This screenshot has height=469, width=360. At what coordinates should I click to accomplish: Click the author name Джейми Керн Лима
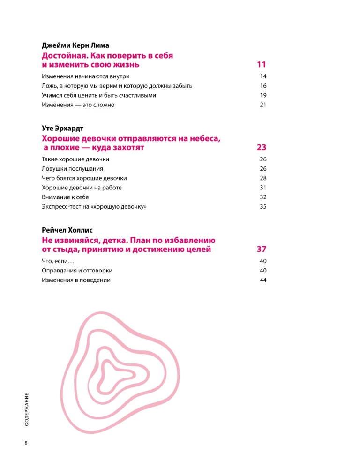pyautogui.click(x=75, y=45)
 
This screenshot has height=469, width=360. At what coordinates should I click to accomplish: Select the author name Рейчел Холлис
pyautogui.click(x=67, y=230)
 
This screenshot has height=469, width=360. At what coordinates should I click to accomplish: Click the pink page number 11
pyautogui.click(x=262, y=64)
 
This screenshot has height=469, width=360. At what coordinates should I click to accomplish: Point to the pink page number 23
pyautogui.click(x=262, y=147)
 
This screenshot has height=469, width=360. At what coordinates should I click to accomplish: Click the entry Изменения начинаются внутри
pyautogui.click(x=86, y=76)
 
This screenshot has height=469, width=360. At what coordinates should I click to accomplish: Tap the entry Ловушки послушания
pyautogui.click(x=72, y=168)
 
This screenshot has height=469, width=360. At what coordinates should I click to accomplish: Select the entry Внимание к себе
pyautogui.click(x=65, y=197)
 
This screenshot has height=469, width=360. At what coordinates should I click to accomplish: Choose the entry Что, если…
pyautogui.click(x=55, y=261)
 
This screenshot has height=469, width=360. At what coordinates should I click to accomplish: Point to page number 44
pyautogui.click(x=262, y=280)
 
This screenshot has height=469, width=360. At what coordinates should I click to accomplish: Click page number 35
pyautogui.click(x=262, y=206)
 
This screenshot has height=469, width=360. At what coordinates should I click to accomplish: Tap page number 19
pyautogui.click(x=262, y=95)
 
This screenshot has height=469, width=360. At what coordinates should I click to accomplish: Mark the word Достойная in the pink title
pyautogui.click(x=64, y=55)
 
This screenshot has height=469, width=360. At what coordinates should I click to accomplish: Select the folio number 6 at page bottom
pyautogui.click(x=26, y=443)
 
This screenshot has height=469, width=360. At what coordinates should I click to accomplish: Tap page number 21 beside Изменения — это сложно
pyautogui.click(x=262, y=105)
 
